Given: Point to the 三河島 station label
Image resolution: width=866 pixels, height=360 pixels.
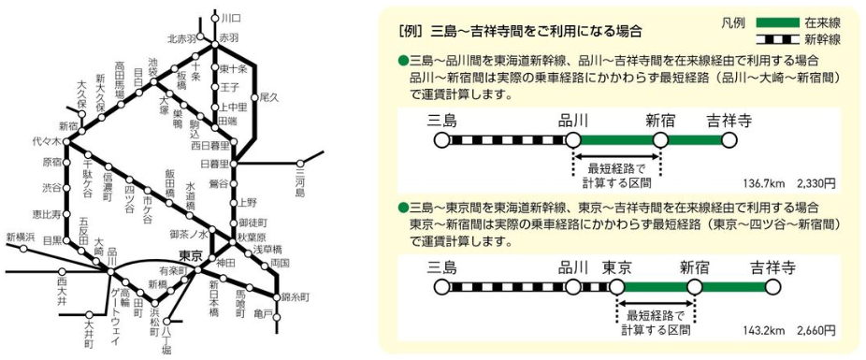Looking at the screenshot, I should click(x=301, y=184).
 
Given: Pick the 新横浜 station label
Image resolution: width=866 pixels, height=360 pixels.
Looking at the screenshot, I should click(x=20, y=237).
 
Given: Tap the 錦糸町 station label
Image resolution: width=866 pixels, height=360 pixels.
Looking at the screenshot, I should click(x=296, y=296).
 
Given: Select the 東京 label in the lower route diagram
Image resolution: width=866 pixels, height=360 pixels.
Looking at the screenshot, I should click(x=624, y=266).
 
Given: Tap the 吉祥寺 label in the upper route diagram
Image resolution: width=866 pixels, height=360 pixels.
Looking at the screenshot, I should click(x=728, y=120).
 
